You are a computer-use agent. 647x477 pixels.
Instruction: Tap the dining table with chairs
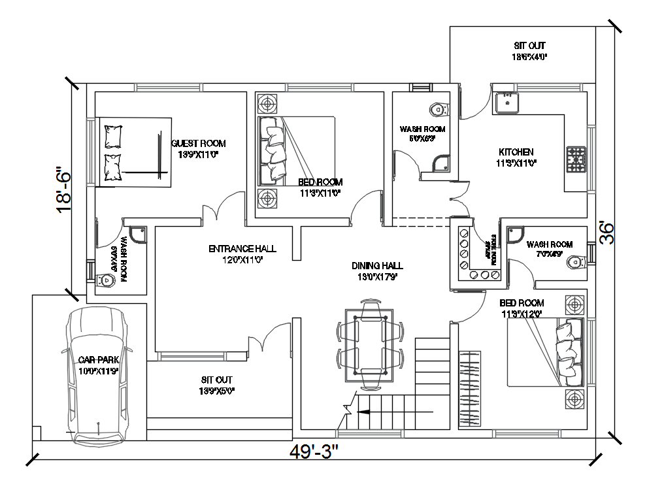370,342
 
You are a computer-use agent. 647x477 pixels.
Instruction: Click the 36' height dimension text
607,232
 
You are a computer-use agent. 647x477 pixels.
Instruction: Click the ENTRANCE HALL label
242,249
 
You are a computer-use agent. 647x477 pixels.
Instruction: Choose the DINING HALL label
377,265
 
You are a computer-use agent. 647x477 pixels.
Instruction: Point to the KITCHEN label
516,152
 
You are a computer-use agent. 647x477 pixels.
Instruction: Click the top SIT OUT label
529,46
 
